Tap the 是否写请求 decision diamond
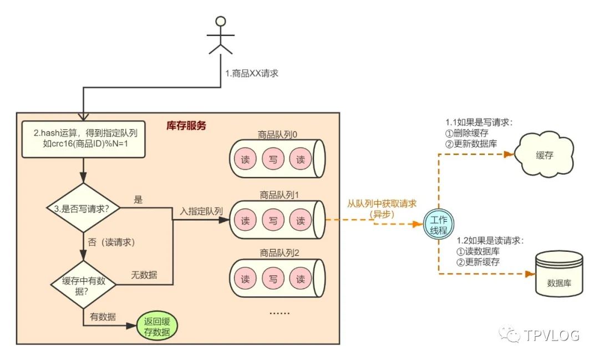click(x=83, y=208)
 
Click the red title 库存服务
click(x=186, y=126)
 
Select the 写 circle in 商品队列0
click(x=273, y=159)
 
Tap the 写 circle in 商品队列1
click(x=273, y=220)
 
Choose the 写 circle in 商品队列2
click(x=273, y=279)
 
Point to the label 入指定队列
click(x=201, y=211)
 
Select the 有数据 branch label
click(x=103, y=317)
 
